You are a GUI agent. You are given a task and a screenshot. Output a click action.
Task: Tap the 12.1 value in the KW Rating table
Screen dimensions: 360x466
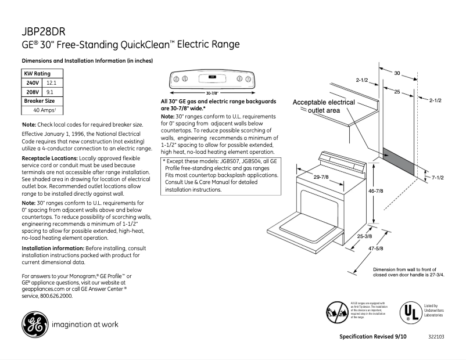(x=51, y=83)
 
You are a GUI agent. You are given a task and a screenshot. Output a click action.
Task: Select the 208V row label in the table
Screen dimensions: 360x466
(x=32, y=92)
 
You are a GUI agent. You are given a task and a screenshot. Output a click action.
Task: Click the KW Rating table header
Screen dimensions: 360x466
(x=37, y=74)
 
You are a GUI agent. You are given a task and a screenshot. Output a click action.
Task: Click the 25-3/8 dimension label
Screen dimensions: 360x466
(x=364, y=236)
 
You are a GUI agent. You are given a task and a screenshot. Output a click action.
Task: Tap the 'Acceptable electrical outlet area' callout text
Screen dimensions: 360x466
(x=324, y=106)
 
